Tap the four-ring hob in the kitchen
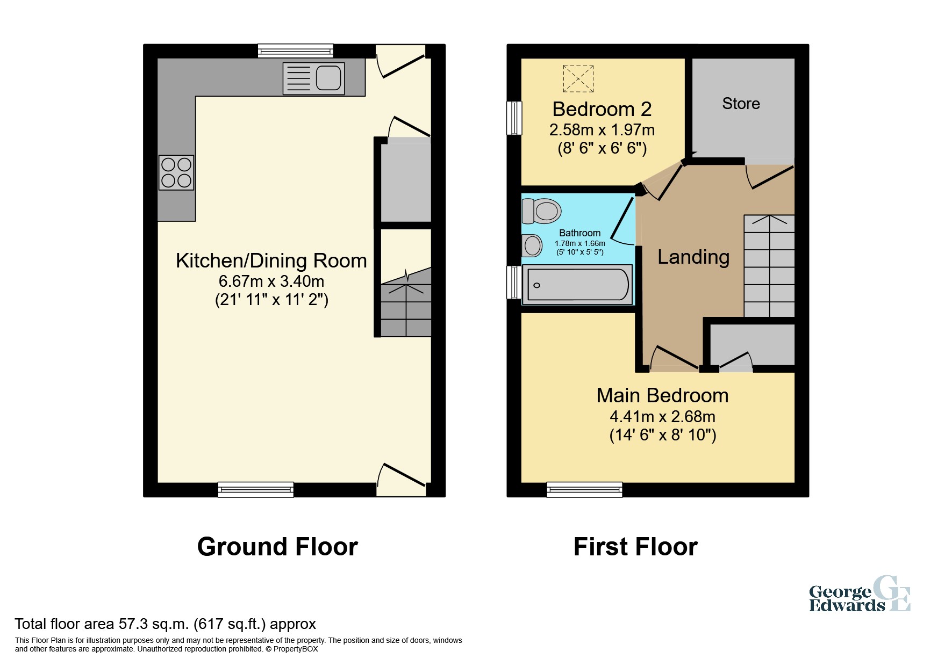[176, 173]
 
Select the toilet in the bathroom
[542, 211]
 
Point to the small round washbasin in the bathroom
[532, 246]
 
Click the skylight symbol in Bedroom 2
[578, 79]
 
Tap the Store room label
[741, 104]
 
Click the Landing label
[693, 257]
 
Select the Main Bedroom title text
[662, 396]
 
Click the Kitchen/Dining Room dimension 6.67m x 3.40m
[271, 281]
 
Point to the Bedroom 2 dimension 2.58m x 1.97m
[602, 130]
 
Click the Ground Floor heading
[277, 547]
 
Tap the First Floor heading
[635, 547]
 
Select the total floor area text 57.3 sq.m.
[165, 624]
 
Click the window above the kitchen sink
[295, 51]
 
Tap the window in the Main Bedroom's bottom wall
[584, 489]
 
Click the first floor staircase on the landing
[769, 266]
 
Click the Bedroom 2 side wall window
[514, 118]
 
